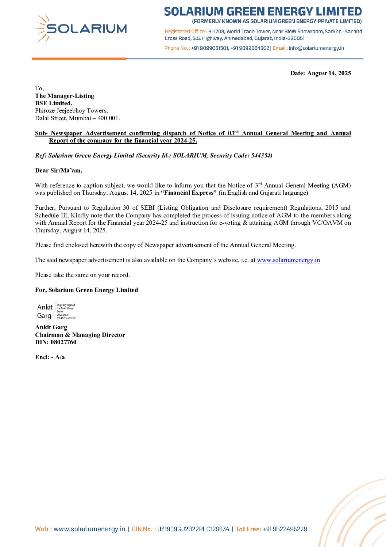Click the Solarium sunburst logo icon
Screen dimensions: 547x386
[41, 28]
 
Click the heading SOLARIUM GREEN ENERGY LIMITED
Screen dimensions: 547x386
[263, 11]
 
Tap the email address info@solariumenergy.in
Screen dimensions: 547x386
[316, 48]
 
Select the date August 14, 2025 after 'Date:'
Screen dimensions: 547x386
[329, 73]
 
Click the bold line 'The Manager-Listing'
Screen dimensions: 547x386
[65, 96]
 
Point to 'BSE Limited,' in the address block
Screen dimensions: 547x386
[54, 103]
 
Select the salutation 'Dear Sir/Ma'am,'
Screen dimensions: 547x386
[59, 170]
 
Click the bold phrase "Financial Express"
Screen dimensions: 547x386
[189, 193]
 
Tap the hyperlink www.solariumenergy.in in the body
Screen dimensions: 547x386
[288, 260]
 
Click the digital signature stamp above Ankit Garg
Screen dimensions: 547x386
[56, 311]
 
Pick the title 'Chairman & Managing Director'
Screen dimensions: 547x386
[80, 335]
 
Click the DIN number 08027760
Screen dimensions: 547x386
[63, 342]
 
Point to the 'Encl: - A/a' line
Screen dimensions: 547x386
[50, 357]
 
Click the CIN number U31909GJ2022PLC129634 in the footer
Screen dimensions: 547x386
[193, 529]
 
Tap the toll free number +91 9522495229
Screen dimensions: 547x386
[285, 529]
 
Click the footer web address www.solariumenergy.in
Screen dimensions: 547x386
[89, 529]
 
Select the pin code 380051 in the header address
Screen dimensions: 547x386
[295, 38]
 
